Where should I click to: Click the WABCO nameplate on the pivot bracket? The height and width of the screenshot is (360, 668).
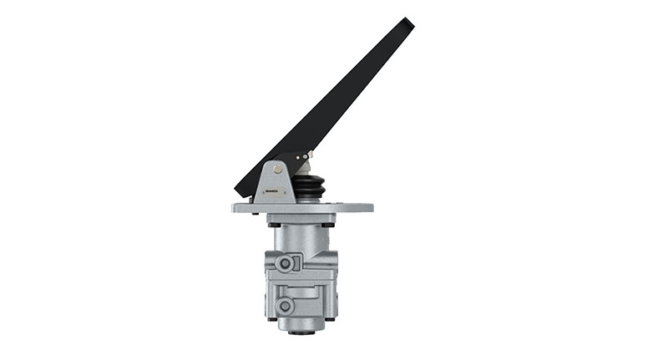tap(272, 191)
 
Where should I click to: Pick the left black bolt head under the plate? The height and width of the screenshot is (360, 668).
tap(274, 224)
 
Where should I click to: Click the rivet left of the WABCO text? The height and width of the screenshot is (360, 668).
tap(261, 191)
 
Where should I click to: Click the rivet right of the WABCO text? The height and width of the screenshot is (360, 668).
tap(285, 191)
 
